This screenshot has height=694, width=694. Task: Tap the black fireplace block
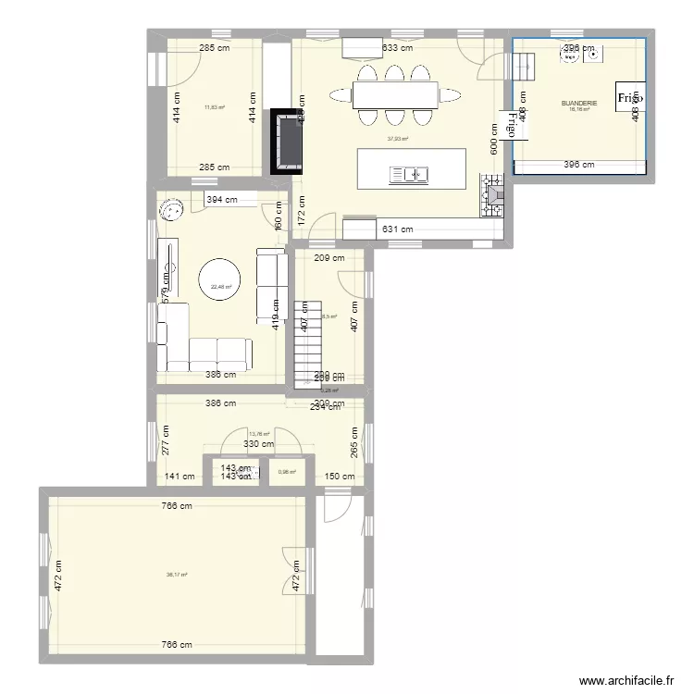pos(288,141)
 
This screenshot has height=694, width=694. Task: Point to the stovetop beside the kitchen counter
pos(491,196)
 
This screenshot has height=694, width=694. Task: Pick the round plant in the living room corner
pos(173,211)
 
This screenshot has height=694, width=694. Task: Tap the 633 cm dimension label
pos(397,48)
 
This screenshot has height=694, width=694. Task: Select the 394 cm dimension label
pos(221,199)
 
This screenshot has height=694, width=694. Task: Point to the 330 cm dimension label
pos(258,445)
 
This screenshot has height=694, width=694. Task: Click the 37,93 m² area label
pos(398,139)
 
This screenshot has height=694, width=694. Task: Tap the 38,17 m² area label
pos(177,575)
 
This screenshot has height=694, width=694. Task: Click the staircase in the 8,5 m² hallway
pos(304,342)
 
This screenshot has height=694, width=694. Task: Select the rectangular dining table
pos(395,93)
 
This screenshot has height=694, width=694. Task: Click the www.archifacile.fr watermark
pos(626,681)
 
